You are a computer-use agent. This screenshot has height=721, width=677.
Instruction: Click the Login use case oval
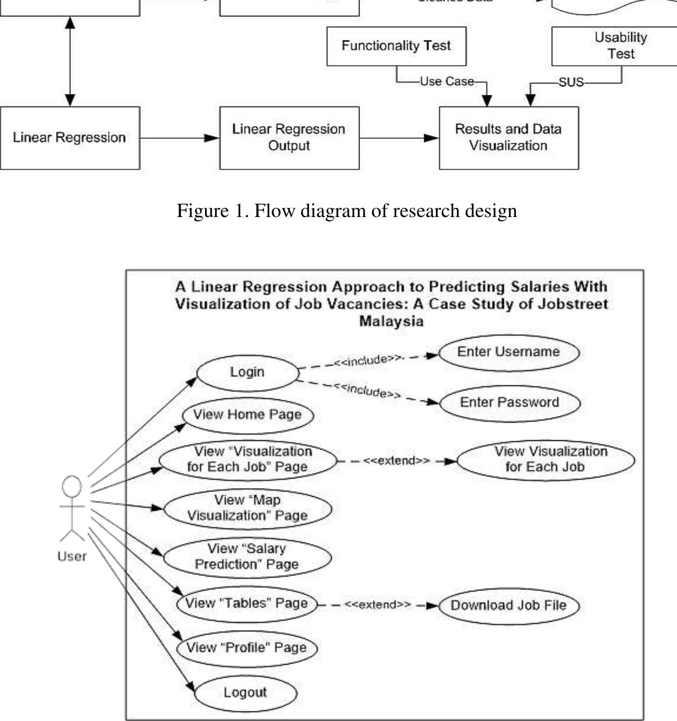pos(248,373)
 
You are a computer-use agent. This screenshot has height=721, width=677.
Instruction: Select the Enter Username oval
pos(509,353)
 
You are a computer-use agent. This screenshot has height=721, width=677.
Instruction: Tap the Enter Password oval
pos(510,403)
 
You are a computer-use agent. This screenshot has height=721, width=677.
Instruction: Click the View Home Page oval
pos(248,415)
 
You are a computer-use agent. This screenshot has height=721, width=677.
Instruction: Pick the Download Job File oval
pos(509,606)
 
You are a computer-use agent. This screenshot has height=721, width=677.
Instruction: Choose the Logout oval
pos(245,693)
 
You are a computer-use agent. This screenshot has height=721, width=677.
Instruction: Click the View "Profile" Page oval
pos(247,648)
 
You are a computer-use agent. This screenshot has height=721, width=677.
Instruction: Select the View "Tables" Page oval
pos(247,603)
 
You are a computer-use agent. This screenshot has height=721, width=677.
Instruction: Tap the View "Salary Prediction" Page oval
pos(247,557)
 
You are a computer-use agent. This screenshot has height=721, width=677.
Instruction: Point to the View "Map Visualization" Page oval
pos(248,508)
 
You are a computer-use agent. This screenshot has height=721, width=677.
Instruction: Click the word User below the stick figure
pos(72,557)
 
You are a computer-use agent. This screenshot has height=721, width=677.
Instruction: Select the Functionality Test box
pos(396,46)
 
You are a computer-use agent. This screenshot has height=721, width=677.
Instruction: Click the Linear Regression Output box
pos(289,138)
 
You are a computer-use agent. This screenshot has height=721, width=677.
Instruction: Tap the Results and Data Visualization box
pos(509,138)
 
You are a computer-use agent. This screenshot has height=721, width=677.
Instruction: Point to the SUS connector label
pos(571,83)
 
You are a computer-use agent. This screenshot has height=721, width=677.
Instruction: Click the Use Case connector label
pos(447,82)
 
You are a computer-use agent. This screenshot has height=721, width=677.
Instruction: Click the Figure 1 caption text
pos(346,211)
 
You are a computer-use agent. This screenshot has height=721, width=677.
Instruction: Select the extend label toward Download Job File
pos(378,605)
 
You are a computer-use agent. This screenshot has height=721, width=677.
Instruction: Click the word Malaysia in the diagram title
pos(391,321)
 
